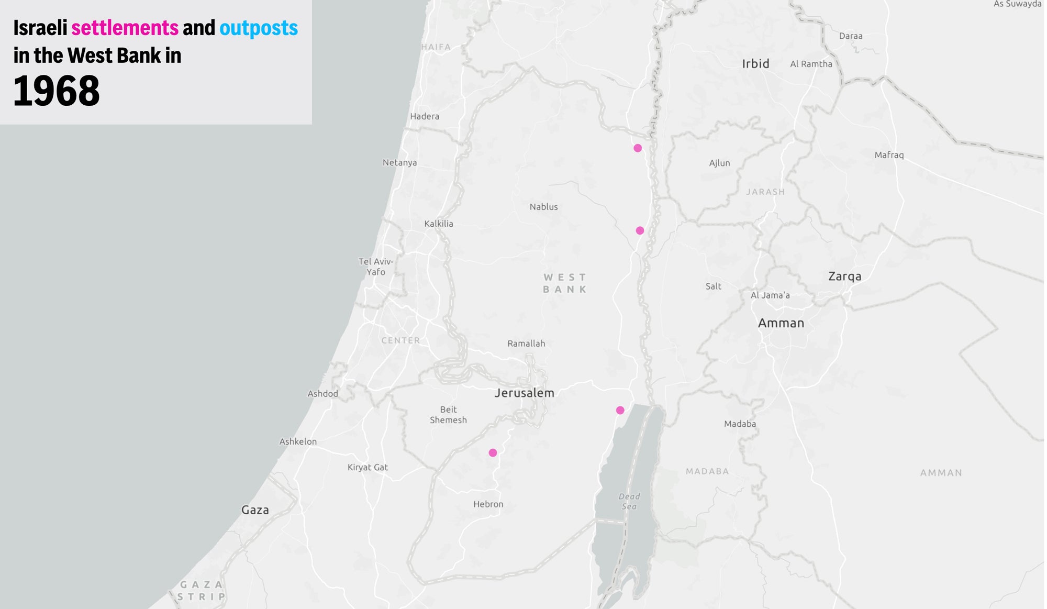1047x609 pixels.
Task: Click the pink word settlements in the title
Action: (x=125, y=28)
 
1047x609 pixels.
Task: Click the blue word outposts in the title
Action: (x=259, y=28)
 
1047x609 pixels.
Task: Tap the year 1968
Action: (x=57, y=91)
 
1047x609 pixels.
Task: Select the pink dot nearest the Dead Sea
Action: (x=620, y=410)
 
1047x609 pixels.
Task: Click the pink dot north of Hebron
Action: (x=493, y=452)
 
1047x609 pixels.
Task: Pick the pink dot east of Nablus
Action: (x=640, y=230)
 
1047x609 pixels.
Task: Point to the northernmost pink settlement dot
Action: (x=638, y=148)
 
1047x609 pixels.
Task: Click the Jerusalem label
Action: (x=524, y=393)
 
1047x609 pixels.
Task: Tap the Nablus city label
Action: (x=543, y=207)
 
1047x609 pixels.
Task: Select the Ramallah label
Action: (x=526, y=344)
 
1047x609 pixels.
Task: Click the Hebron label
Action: (x=488, y=504)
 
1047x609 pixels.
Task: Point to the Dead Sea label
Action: (x=629, y=501)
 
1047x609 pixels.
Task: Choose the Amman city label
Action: (x=781, y=323)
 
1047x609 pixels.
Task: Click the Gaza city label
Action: (x=255, y=510)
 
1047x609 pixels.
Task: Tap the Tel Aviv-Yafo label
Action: (x=376, y=267)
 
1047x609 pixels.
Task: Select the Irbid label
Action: (x=755, y=64)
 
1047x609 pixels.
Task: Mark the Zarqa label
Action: (x=844, y=276)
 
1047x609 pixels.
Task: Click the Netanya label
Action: (x=399, y=163)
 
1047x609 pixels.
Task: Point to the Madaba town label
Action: (x=740, y=424)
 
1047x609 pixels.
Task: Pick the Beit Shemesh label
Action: (x=448, y=415)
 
